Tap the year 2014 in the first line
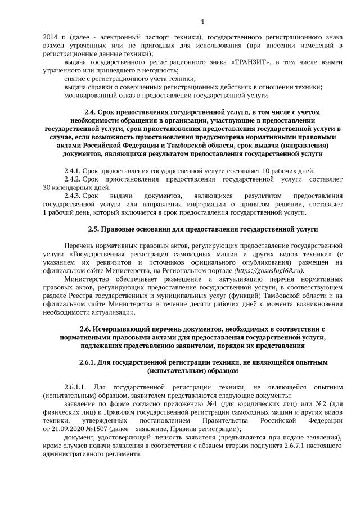(51, 37)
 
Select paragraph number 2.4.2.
(73, 179)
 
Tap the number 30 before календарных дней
(47, 187)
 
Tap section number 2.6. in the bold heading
(89, 329)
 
